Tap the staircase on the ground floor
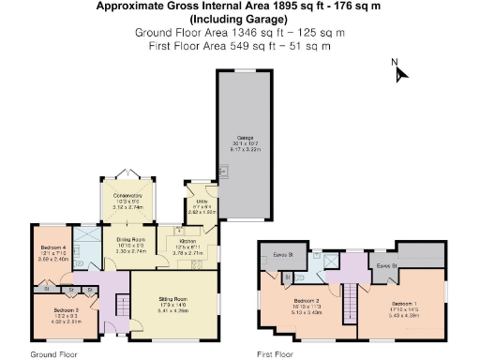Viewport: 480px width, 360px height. [x=120, y=306]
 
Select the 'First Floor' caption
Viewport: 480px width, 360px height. [x=277, y=354]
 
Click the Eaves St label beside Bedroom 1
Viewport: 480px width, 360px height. [x=387, y=266]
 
